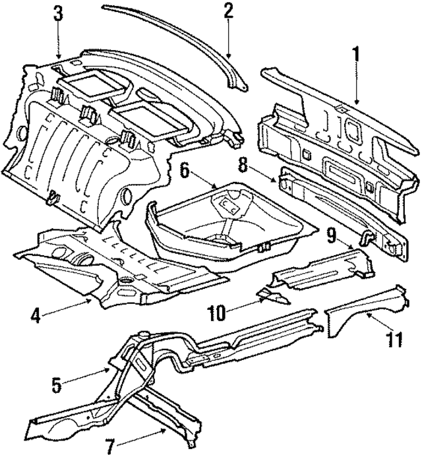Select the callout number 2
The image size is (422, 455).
click(x=228, y=11)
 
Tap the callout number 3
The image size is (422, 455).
click(x=59, y=13)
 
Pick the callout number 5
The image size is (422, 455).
click(x=57, y=384)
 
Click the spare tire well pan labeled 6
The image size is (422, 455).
click(x=224, y=221)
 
